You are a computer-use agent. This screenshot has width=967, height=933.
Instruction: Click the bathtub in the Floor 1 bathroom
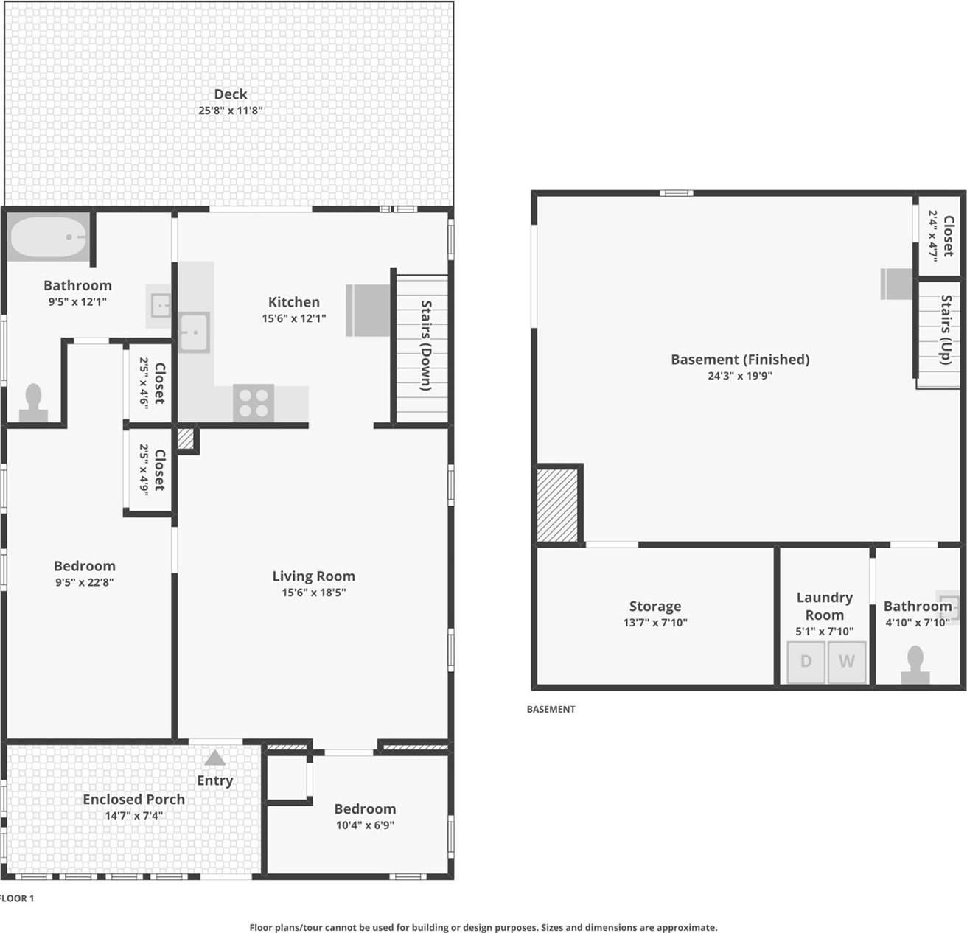(48, 237)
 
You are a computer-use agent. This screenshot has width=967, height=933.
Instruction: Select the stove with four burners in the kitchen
(254, 403)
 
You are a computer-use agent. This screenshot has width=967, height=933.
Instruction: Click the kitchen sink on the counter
(194, 332)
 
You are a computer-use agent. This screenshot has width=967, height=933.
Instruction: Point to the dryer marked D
(806, 662)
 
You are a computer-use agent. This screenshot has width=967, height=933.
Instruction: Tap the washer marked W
(846, 662)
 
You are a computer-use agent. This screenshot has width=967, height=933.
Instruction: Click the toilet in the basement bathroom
(915, 665)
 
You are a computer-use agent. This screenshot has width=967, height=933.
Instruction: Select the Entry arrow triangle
(215, 758)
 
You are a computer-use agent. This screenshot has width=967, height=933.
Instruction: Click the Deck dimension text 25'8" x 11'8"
(230, 111)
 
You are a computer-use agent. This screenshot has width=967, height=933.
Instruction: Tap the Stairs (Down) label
(426, 345)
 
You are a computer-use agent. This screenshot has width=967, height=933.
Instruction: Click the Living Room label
(313, 576)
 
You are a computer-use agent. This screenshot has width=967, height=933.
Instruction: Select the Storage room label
(654, 606)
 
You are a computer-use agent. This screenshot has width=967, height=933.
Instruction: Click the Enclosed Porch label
(133, 799)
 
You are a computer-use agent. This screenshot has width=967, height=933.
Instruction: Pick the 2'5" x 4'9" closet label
(152, 470)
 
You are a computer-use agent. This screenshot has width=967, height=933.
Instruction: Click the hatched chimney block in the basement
(557, 506)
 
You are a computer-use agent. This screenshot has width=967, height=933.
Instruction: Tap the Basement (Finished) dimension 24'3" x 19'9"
(739, 376)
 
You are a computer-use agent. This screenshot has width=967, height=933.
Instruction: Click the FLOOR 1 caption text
(16, 898)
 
